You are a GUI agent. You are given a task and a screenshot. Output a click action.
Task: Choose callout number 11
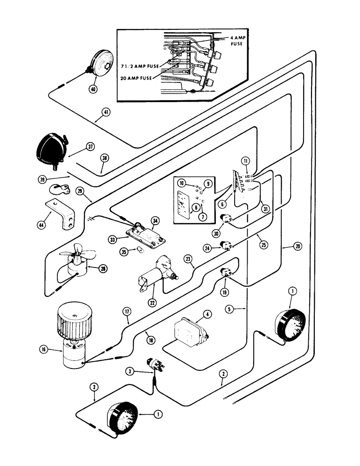coord(246,161)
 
